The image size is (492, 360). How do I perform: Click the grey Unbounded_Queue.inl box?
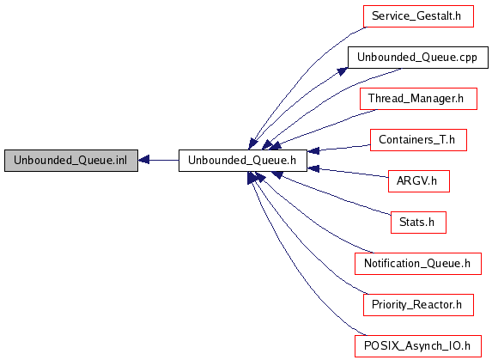[x=71, y=161]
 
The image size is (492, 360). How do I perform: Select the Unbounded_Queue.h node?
[x=242, y=161]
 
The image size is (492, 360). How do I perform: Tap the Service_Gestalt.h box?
[x=418, y=16]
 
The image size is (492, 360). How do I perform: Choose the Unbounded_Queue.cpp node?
[x=418, y=58]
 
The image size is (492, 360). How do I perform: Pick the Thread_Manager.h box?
[x=418, y=99]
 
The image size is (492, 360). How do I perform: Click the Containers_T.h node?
[x=418, y=140]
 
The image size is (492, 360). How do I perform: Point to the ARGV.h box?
[x=418, y=181]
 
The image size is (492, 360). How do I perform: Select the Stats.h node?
[x=418, y=223]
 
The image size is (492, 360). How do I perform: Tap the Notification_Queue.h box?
[x=418, y=264]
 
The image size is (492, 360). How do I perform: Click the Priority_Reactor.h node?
[x=418, y=305]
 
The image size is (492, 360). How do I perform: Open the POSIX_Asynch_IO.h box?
[x=418, y=346]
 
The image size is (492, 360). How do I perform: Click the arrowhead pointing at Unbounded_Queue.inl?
[x=143, y=160]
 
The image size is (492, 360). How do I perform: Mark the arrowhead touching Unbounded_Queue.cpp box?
[x=343, y=71]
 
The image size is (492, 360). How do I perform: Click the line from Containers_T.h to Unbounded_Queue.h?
[x=339, y=148]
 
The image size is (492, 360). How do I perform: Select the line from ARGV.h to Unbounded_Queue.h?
[x=348, y=173]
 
